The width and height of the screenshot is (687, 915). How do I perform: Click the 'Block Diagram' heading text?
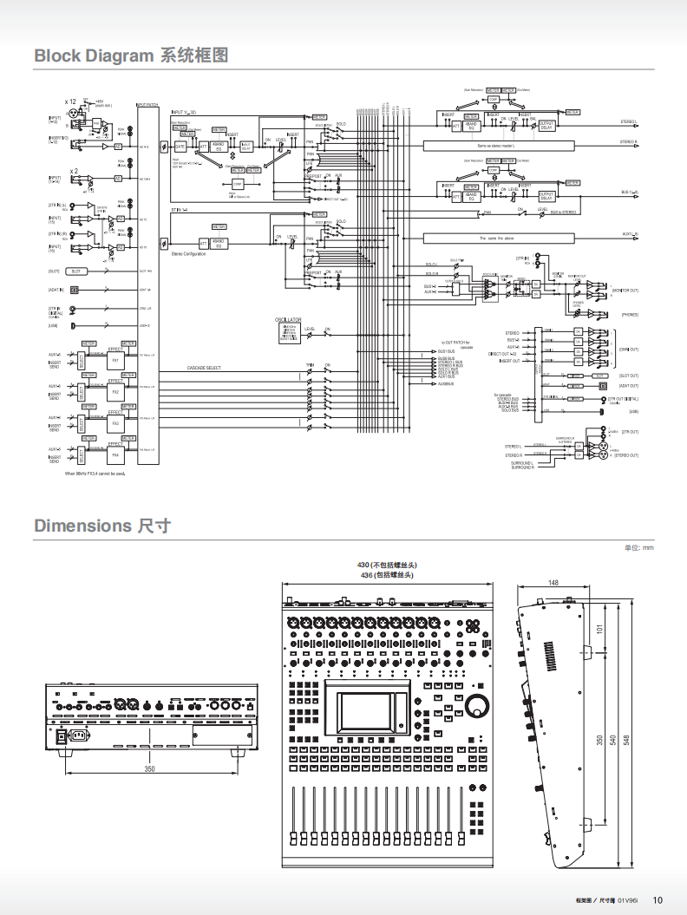pos(94,56)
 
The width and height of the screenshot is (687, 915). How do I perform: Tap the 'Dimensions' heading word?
pos(82,526)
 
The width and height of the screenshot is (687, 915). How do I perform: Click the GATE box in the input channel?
pos(180,146)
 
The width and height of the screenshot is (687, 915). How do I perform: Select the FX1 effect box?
pos(115,360)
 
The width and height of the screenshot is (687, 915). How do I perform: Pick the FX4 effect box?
pos(115,454)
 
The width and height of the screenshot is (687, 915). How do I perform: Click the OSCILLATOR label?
pos(288,319)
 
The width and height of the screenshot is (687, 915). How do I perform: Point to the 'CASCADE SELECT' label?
pos(205,369)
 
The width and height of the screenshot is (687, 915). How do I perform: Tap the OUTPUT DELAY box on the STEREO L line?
pos(546,126)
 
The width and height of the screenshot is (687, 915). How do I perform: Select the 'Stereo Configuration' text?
pos(188,253)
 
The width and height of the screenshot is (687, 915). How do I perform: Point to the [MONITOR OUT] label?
pos(625,290)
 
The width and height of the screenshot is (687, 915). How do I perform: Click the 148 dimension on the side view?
pos(553,583)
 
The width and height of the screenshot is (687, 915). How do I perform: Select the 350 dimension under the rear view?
pos(149,769)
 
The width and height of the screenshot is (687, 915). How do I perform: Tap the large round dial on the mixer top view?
pos(477,705)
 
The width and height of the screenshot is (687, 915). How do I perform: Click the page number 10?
pos(658,899)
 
